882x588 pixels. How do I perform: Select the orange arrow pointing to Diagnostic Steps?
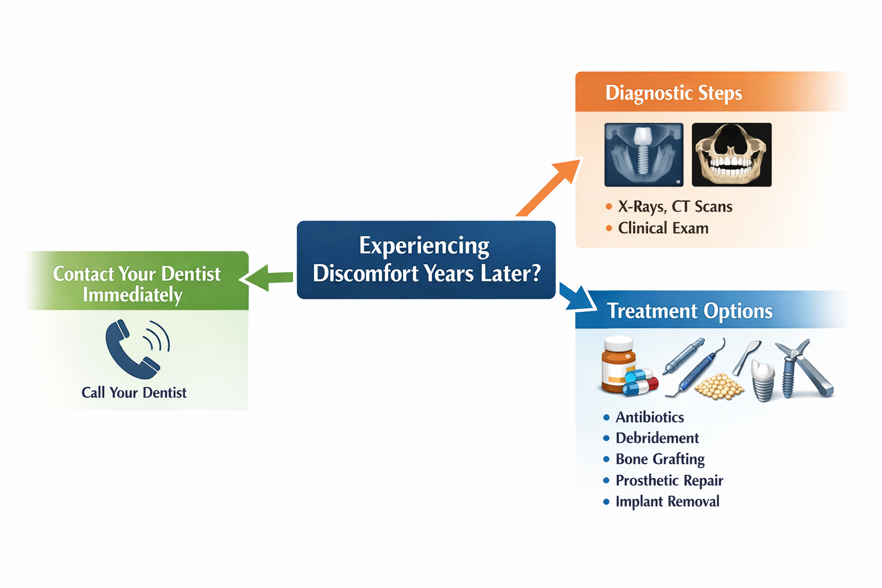(x=549, y=187)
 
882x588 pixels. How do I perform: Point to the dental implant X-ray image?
(x=644, y=154)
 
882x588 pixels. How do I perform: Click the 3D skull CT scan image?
(x=731, y=154)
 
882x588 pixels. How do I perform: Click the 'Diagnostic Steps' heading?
(x=673, y=92)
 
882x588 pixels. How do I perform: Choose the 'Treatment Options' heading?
(x=689, y=311)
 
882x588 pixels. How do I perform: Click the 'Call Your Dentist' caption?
(x=134, y=393)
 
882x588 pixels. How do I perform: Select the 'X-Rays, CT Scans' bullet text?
(x=675, y=207)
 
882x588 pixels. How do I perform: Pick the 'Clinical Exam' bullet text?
(x=663, y=229)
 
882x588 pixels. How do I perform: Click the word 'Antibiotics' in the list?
(x=649, y=417)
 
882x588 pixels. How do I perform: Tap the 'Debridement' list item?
(x=657, y=438)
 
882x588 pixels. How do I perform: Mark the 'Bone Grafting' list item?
(x=660, y=459)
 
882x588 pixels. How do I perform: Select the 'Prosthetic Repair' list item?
(x=669, y=481)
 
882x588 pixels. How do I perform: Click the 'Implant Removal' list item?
(x=667, y=502)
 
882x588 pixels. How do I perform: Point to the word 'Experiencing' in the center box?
(x=424, y=246)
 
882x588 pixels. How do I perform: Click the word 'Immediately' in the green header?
(x=132, y=295)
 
